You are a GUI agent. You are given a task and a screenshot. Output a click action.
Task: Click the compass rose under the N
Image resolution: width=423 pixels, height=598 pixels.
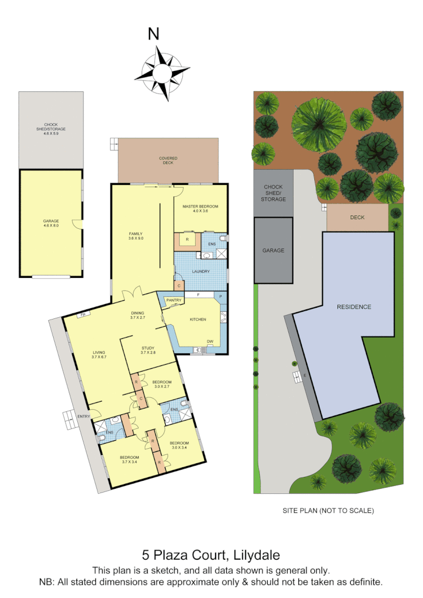point(162,73)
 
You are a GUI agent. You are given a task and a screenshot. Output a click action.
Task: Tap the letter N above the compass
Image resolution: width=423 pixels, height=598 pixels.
point(153,34)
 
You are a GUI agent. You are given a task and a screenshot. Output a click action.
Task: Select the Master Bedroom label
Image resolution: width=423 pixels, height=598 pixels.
point(200,209)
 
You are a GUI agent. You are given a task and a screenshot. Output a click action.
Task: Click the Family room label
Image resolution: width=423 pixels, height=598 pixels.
point(135,236)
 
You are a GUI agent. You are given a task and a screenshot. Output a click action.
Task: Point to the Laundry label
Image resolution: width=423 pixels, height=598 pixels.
point(201,272)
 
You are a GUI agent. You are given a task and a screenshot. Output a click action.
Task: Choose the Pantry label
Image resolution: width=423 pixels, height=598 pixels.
point(174,300)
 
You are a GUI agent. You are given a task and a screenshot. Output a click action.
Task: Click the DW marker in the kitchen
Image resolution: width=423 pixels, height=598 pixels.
point(209,342)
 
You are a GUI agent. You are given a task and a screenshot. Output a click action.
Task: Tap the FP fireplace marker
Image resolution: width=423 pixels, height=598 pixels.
point(83,314)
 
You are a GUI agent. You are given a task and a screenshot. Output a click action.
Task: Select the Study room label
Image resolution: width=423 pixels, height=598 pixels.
point(148,350)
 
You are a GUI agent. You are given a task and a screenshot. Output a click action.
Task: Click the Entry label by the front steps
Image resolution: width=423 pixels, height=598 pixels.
point(83,416)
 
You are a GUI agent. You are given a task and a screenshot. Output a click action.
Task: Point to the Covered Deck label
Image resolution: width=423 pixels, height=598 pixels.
point(168,161)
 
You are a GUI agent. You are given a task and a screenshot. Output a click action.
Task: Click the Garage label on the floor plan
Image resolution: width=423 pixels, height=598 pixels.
point(51,223)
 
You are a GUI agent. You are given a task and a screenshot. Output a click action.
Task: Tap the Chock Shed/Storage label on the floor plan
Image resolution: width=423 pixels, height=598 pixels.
point(51,127)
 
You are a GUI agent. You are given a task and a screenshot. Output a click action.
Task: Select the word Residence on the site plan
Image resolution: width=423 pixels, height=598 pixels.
point(354,307)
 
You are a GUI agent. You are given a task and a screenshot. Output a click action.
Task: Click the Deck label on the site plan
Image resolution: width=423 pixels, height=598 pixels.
point(357,216)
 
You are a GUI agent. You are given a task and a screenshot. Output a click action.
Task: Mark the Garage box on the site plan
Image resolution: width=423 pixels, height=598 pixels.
point(274,250)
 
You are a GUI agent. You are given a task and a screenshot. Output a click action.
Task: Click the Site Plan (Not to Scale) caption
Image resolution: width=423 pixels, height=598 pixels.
point(328,511)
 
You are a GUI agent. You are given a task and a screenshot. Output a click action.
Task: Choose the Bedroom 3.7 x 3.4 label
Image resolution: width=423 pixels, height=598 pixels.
point(130,459)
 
